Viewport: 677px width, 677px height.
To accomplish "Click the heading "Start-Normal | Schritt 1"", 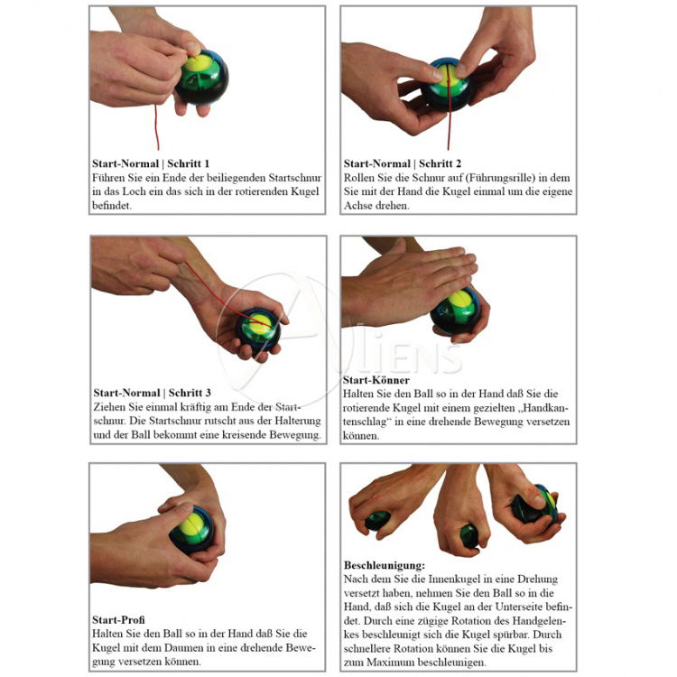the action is point(151,163).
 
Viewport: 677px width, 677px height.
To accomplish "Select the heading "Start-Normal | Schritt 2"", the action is point(403,163).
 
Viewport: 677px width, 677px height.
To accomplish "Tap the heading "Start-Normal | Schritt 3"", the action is point(152,393).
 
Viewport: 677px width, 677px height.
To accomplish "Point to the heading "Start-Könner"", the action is point(376,380).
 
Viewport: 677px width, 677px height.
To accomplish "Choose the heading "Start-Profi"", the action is point(118,620).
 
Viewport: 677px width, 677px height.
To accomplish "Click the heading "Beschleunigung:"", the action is point(385,565).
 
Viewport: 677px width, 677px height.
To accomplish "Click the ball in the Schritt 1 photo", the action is point(200,78).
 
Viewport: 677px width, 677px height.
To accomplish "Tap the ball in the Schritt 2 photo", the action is point(448,84).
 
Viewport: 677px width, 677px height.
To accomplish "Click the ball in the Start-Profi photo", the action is point(192,530).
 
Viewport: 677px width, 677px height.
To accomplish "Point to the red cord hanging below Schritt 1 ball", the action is point(157,126).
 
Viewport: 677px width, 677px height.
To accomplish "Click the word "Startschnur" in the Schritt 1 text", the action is point(295,178).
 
